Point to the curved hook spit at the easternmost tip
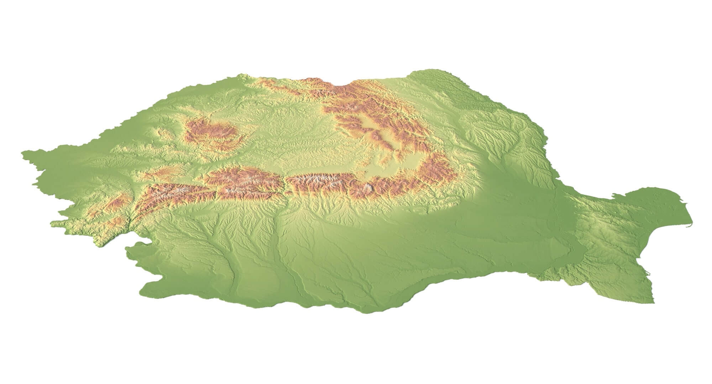click(x=690, y=224)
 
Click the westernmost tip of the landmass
click(x=23, y=153)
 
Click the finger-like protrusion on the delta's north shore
click(x=614, y=195)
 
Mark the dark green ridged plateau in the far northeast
click(x=463, y=96)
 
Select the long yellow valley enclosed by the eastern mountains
click(x=377, y=132)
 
